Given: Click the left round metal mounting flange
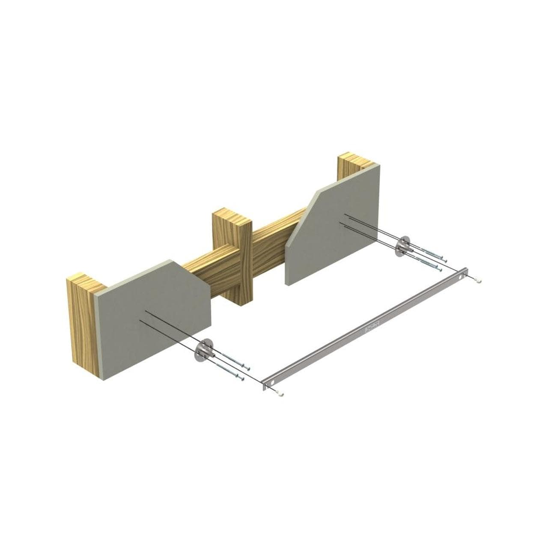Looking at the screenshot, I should [x=203, y=349].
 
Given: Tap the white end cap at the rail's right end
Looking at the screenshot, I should [x=478, y=280].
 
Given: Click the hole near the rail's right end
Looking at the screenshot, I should [x=460, y=277].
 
